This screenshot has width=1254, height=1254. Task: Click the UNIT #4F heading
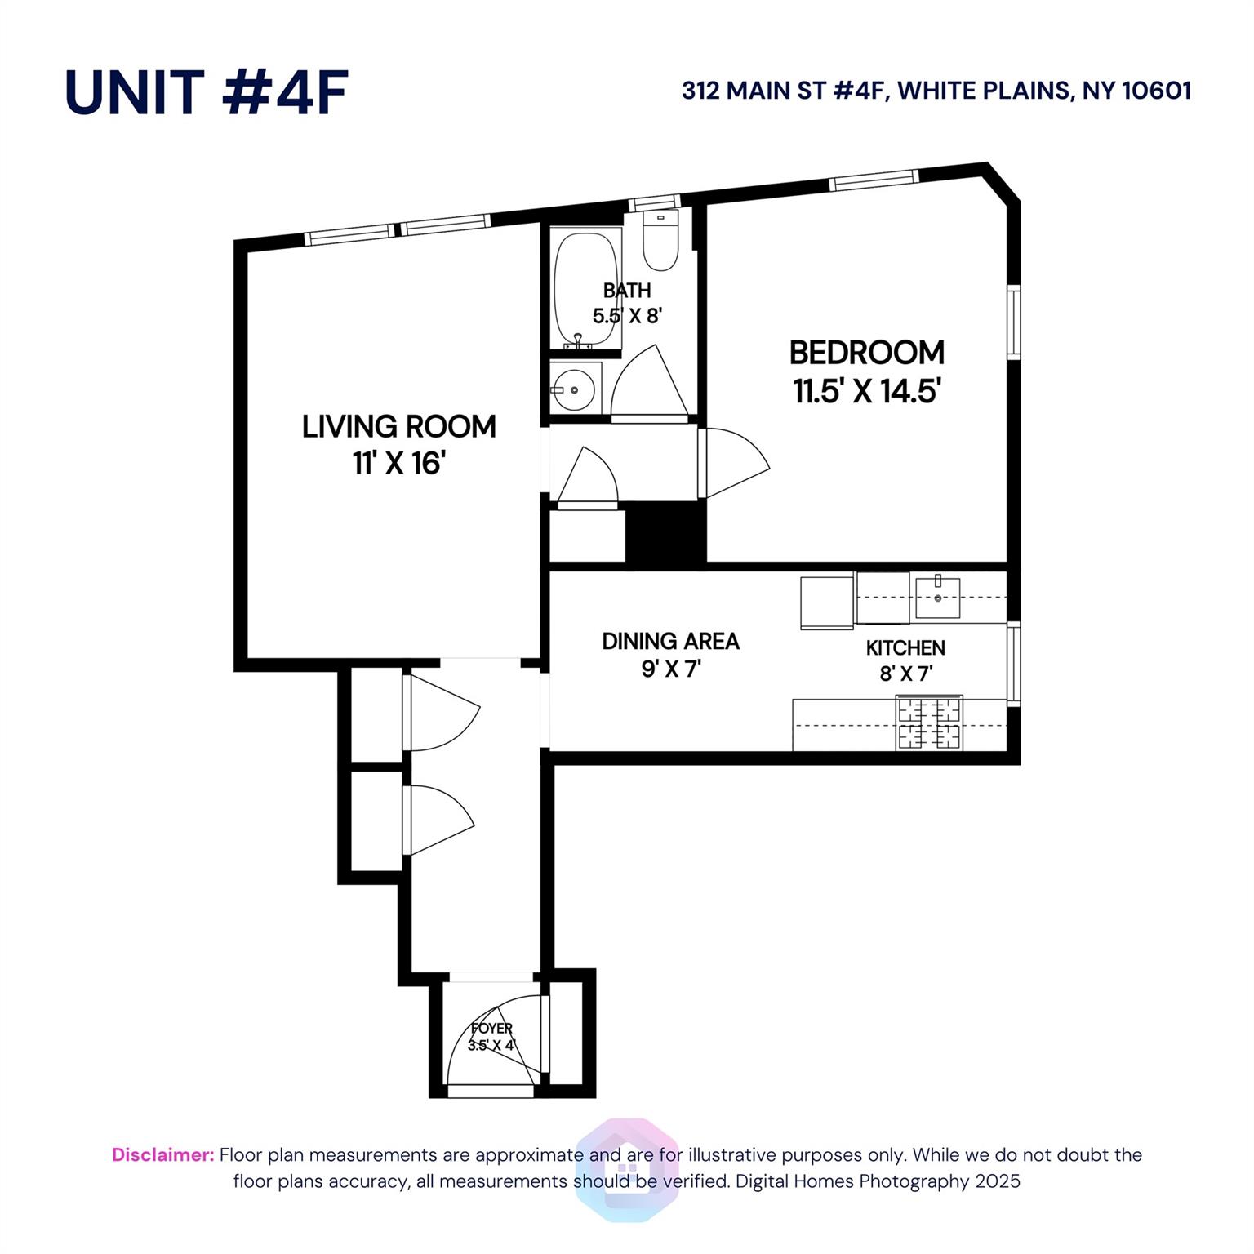(207, 91)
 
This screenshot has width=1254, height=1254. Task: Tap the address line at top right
(936, 90)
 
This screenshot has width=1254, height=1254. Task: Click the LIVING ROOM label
(398, 426)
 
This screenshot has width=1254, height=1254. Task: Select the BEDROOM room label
(866, 353)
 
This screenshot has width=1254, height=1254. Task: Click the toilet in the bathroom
(660, 239)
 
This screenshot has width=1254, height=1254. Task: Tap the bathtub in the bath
(586, 290)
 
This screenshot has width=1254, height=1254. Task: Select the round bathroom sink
(575, 389)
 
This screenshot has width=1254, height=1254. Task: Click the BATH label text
(627, 290)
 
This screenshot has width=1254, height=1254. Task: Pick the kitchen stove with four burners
(929, 722)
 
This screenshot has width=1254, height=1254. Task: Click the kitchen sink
(937, 598)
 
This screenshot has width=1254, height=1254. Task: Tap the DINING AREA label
(670, 641)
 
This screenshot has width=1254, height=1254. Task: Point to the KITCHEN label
(905, 647)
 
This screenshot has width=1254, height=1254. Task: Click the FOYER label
(491, 1029)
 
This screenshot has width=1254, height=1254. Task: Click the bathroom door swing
(649, 384)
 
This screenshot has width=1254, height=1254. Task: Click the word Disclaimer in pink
(162, 1154)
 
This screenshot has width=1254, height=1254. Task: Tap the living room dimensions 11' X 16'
(398, 464)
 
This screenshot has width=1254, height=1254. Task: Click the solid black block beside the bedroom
(665, 532)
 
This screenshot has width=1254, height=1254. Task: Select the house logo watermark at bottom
(627, 1169)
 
